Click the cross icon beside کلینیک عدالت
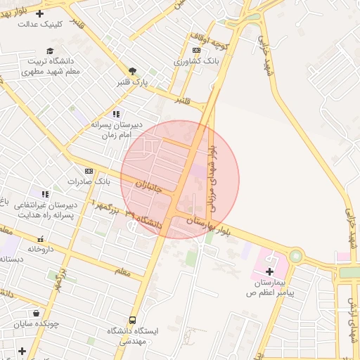coord(39,13)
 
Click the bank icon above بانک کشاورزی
coord(196,50)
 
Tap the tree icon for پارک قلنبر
coord(132,71)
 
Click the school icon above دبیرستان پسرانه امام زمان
coord(116,113)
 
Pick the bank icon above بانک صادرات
coord(89,171)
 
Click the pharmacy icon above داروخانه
coord(40,239)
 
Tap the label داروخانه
coord(41,249)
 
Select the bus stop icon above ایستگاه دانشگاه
coord(133,320)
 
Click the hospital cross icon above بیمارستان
coord(271,271)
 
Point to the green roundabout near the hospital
coord(295,257)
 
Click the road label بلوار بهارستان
coord(209,226)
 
